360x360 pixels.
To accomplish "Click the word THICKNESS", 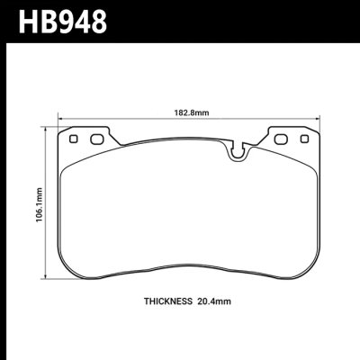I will click(x=169, y=302).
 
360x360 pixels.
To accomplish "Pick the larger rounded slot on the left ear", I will click(x=94, y=139).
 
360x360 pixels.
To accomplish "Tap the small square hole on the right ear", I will click(x=303, y=139).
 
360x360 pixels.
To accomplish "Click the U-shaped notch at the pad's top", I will click(x=238, y=150).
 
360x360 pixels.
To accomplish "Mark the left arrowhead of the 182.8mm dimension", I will click(x=60, y=118).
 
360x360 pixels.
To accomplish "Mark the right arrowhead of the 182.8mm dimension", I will click(x=319, y=118).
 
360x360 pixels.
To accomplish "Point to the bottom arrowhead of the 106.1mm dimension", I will click(x=47, y=278).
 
